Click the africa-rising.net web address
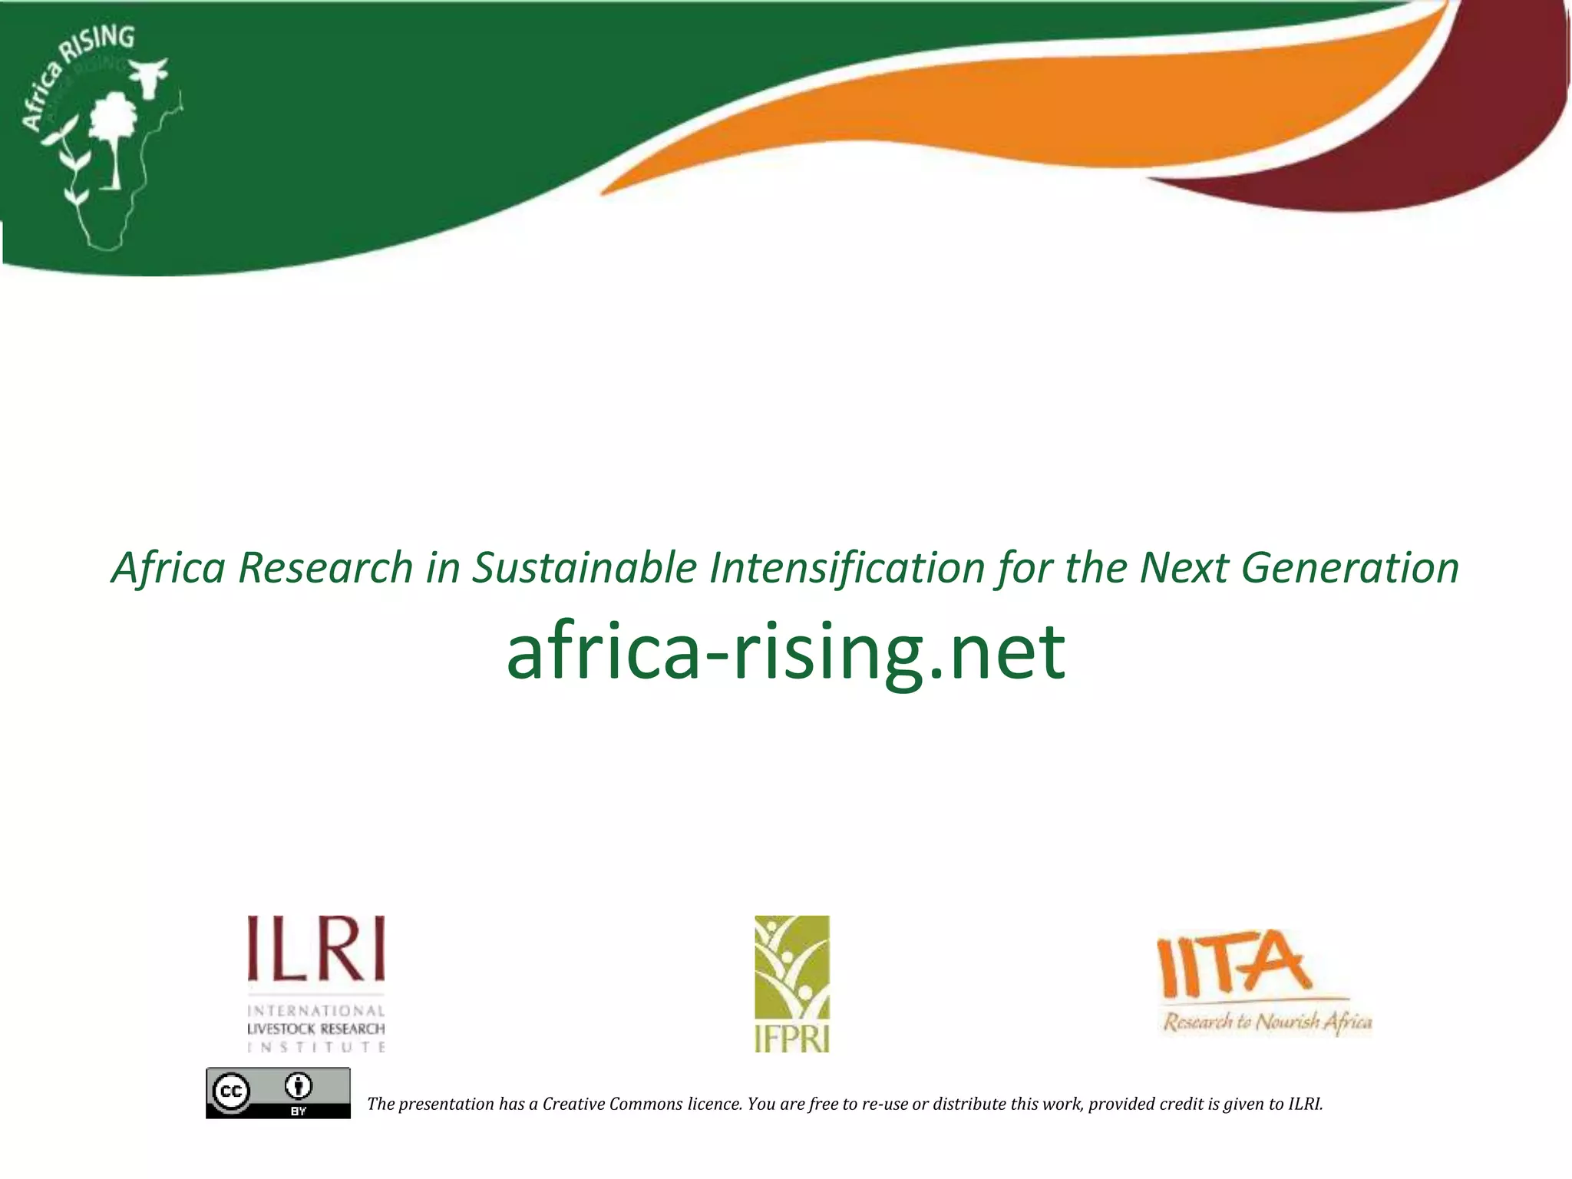tap(785, 652)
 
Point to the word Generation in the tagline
tap(1349, 569)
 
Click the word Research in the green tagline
tap(325, 569)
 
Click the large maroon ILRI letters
tap(315, 949)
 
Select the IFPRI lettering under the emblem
tap(791, 1039)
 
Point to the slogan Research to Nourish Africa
tap(1267, 1022)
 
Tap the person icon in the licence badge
tap(298, 1087)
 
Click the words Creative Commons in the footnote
tap(612, 1104)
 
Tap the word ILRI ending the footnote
tap(1305, 1104)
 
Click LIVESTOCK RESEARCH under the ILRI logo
tap(315, 1029)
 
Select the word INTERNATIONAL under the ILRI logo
tap(315, 1011)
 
